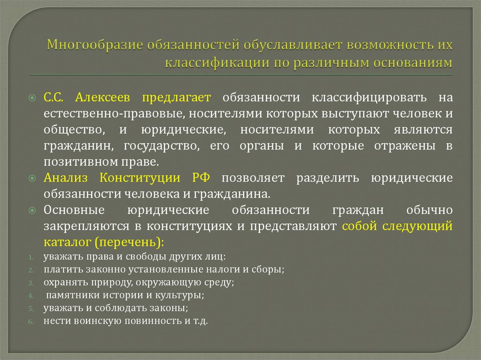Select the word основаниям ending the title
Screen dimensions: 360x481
[413, 63]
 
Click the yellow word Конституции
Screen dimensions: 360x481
[140, 178]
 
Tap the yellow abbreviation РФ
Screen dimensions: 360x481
[201, 178]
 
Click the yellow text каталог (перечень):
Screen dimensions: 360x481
[104, 243]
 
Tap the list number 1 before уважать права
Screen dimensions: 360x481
[29, 258]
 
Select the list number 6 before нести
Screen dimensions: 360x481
[29, 322]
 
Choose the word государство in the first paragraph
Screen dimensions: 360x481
[160, 146]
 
